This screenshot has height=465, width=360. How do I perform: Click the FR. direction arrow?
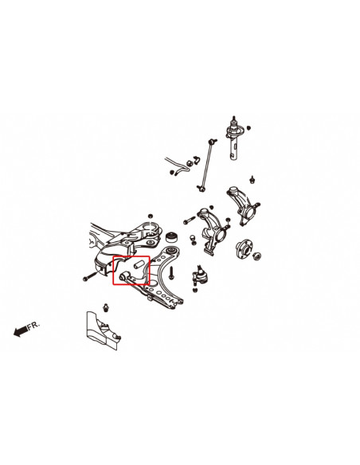(20, 332)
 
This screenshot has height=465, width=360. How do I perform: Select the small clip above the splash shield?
(106, 307)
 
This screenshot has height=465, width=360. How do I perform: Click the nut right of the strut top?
(249, 127)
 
